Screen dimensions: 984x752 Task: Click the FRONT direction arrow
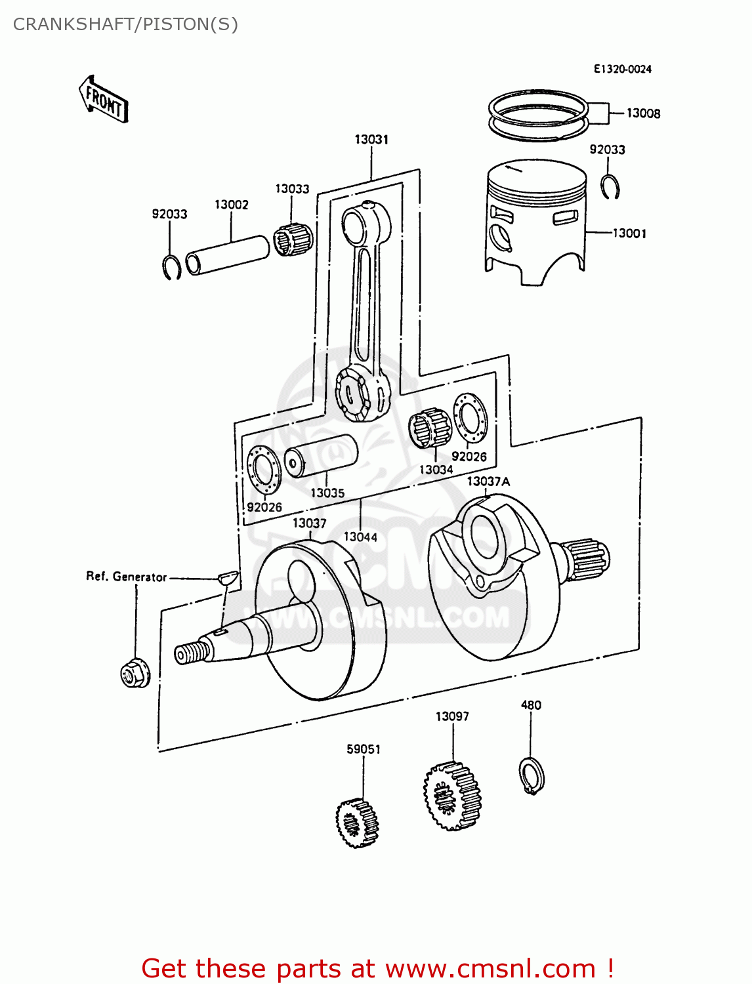[104, 100]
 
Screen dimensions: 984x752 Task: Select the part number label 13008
[642, 113]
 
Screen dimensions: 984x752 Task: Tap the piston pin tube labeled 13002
[228, 255]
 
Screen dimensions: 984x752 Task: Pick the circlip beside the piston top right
[610, 186]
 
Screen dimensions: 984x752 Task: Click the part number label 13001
[629, 233]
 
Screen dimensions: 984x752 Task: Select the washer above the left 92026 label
[264, 469]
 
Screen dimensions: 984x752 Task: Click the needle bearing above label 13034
[430, 428]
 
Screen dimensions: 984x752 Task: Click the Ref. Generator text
[126, 577]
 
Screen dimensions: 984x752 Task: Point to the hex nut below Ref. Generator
[135, 673]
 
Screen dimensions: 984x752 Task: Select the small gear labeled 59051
[357, 822]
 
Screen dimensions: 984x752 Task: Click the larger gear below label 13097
[452, 796]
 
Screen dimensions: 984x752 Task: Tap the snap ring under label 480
[532, 775]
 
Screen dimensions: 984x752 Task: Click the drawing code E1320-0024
[622, 69]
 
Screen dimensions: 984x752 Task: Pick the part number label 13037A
[488, 482]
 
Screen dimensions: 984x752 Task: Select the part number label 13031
[371, 139]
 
